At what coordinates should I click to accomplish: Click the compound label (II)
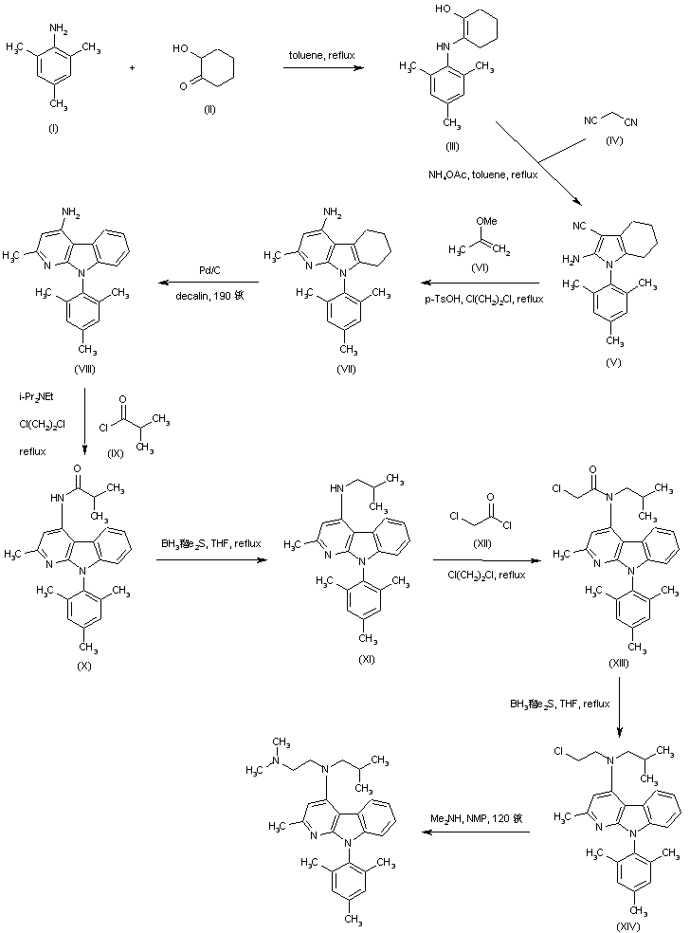(209, 110)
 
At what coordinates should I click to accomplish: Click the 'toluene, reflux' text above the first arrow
(322, 56)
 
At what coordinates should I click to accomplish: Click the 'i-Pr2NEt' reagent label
(38, 395)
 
